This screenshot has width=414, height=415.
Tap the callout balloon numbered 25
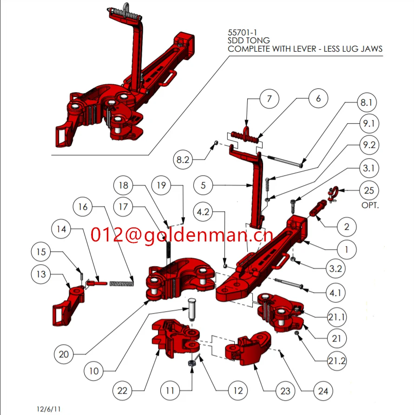(x=369, y=190)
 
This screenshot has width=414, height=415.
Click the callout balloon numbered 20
(x=64, y=355)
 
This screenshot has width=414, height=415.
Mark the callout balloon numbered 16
(x=83, y=207)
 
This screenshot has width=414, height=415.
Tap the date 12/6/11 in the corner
(x=49, y=409)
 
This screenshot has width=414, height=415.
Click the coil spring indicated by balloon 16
(x=122, y=282)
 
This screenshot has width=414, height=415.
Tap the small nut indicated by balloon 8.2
(x=217, y=143)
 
